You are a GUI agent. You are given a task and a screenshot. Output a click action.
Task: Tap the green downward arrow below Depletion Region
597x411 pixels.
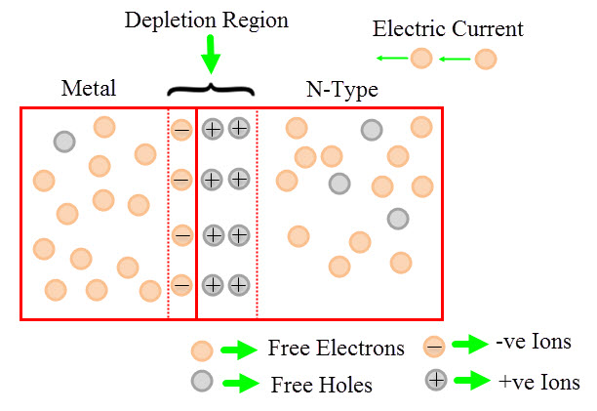point(210,58)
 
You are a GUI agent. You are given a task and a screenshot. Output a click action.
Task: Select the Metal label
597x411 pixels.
point(89,89)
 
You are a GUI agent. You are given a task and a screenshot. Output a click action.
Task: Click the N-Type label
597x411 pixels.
point(341,91)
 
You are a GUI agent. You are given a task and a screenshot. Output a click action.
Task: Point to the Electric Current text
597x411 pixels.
point(448,28)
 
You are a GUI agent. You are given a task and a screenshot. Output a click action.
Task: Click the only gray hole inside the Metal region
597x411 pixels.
point(64,141)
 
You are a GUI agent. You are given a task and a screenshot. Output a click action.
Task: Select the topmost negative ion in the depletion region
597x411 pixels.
point(181,129)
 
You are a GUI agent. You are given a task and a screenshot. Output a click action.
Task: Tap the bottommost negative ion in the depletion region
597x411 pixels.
point(181,285)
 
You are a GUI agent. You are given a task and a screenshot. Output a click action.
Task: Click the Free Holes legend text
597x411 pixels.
point(321,385)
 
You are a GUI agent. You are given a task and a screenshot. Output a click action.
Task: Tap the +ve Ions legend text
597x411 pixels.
point(537,382)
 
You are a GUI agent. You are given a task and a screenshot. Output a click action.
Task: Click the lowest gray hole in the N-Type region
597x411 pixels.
point(397,219)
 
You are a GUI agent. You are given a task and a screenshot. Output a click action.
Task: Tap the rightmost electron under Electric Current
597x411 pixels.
point(485,60)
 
